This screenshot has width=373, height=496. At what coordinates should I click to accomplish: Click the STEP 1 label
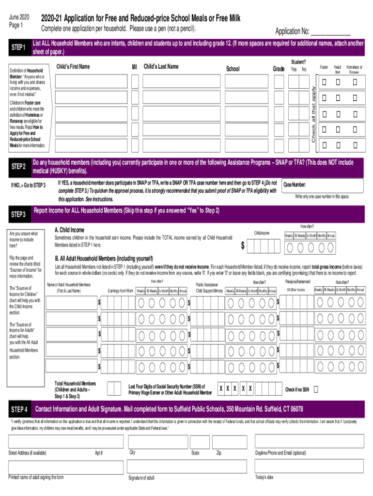18,47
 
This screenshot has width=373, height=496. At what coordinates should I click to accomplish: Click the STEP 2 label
18,167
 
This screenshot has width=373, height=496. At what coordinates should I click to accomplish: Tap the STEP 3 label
18,214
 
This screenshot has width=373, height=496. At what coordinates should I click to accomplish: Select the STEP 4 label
19,410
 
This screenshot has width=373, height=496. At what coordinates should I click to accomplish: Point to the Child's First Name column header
73,66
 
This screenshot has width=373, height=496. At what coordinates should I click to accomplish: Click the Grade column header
278,69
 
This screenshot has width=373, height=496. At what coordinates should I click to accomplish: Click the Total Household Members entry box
114,388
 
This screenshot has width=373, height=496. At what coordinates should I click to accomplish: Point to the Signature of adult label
141,478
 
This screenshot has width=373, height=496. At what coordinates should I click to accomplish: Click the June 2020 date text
19,18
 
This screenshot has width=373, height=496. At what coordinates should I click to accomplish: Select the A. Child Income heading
69,230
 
